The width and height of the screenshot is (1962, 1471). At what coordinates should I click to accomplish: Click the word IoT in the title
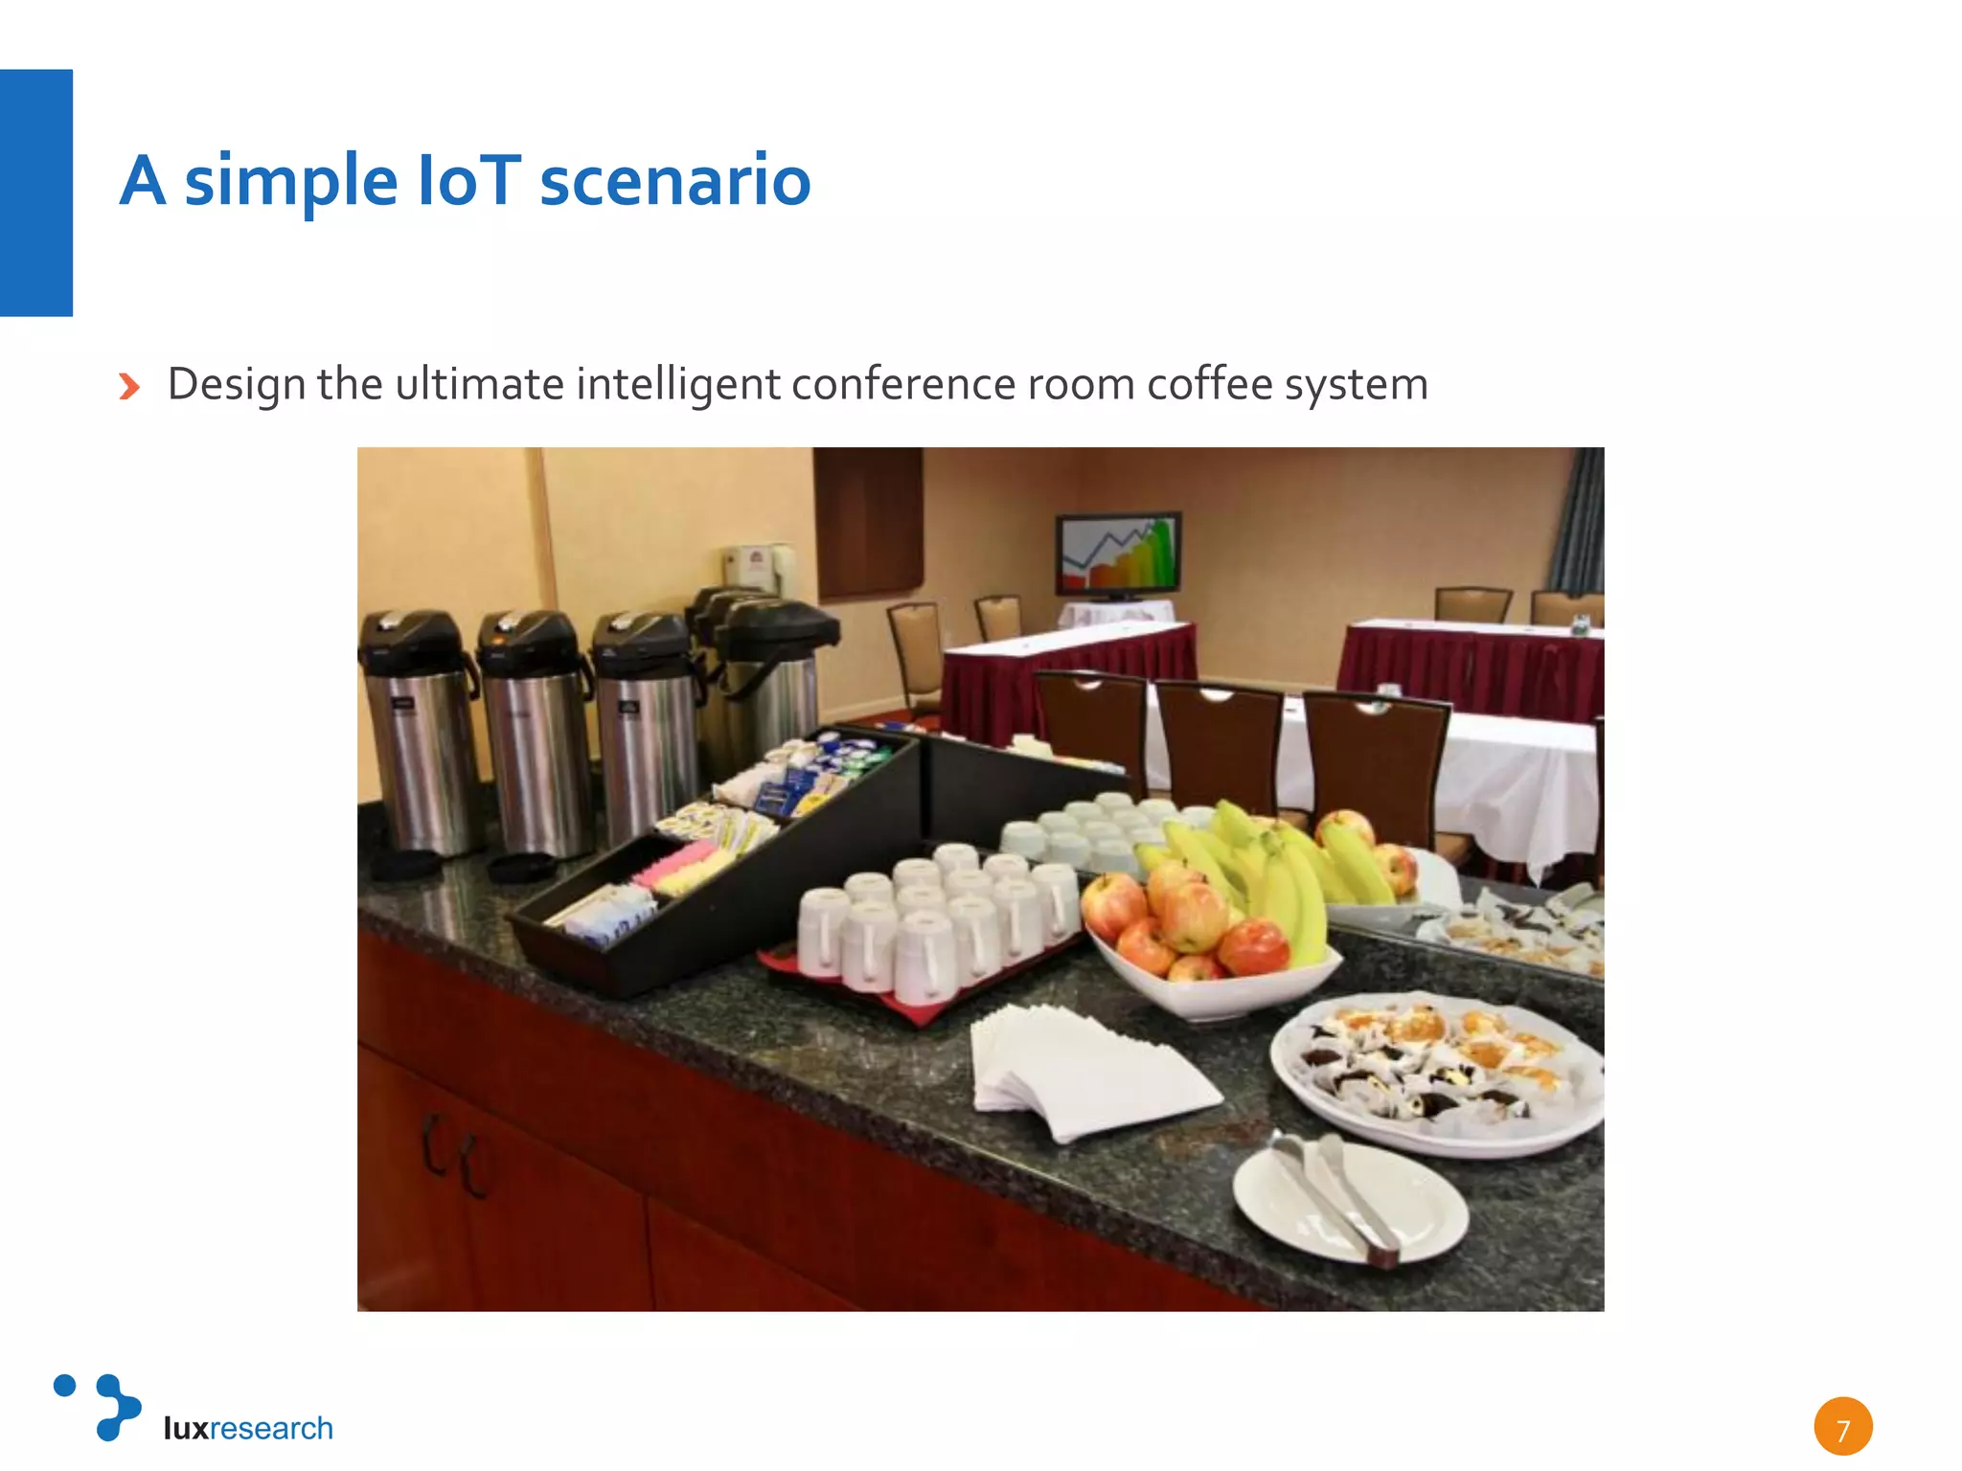click(x=468, y=180)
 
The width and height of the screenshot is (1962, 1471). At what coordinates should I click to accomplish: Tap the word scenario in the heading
click(x=674, y=180)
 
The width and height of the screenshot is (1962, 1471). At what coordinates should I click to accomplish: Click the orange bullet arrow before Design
click(x=129, y=387)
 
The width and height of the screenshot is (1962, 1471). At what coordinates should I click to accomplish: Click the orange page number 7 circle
click(x=1842, y=1427)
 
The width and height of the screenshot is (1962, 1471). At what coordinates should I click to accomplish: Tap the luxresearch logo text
click(x=248, y=1428)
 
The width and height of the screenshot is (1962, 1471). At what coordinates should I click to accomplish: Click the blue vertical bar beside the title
click(x=36, y=192)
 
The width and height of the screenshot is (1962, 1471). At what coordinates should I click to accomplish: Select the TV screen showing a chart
click(x=1118, y=554)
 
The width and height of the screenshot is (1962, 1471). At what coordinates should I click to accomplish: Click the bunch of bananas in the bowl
click(x=1265, y=871)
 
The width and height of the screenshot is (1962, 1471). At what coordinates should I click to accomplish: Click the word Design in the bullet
click(x=237, y=384)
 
